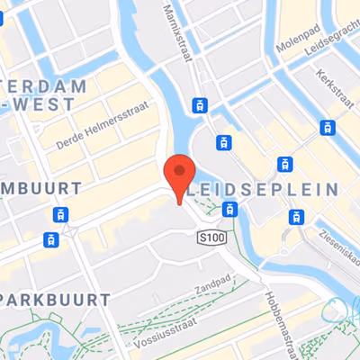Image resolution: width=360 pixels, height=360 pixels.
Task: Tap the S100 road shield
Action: click(x=211, y=236)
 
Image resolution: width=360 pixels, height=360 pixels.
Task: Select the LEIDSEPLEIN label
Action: click(x=266, y=191)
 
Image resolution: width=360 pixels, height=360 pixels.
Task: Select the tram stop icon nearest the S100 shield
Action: click(x=230, y=211)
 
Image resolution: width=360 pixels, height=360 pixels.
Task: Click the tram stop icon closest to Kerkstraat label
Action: click(x=327, y=128)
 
